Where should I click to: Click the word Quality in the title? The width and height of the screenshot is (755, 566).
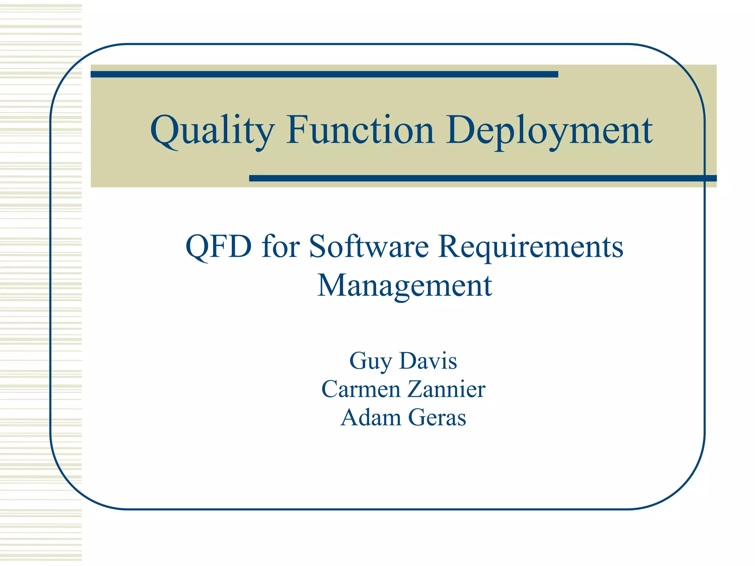[212, 131]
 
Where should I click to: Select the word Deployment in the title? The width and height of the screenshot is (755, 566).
[549, 131]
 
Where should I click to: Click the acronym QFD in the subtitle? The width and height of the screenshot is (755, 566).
[219, 247]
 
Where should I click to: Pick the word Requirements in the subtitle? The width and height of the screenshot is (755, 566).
[531, 247]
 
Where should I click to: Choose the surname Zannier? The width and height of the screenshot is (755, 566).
[446, 389]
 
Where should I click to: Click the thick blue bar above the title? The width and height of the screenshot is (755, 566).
[324, 74]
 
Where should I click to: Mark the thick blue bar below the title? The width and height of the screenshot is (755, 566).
[483, 178]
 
